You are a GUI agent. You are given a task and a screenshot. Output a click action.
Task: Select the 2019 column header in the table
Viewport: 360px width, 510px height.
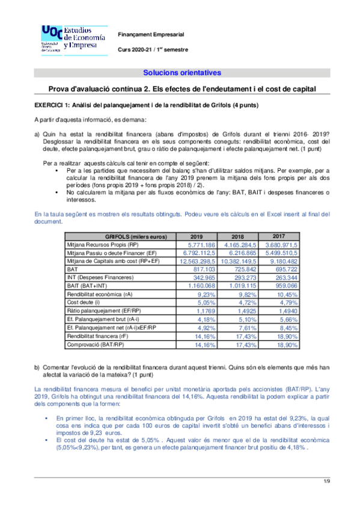point(196,236)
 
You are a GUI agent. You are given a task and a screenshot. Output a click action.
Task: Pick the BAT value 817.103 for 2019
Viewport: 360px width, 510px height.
point(203,270)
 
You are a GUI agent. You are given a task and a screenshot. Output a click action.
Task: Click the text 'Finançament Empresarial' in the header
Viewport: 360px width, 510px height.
point(150,35)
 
